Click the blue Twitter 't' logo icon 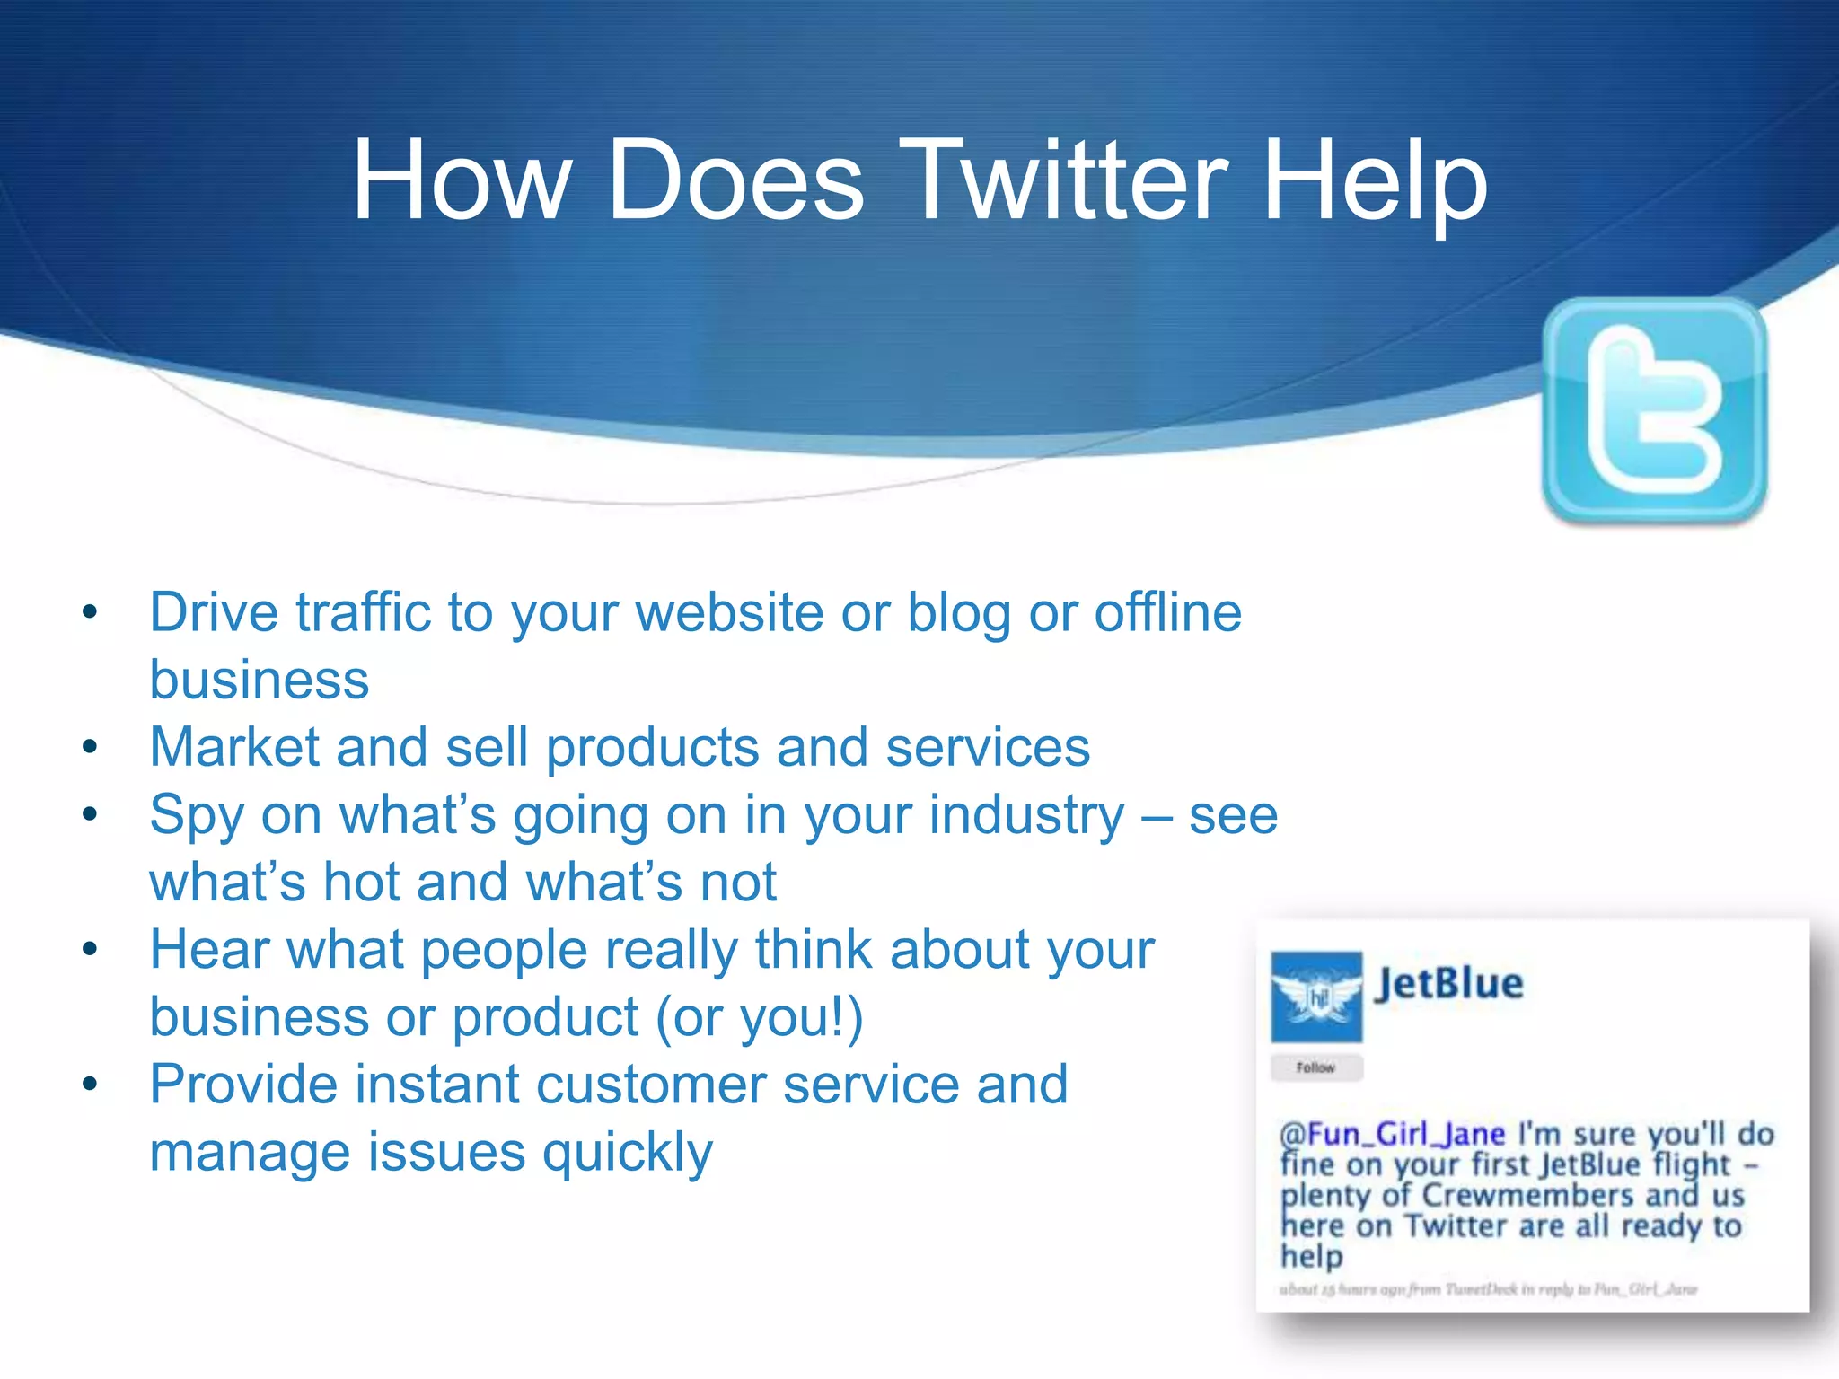pyautogui.click(x=1654, y=410)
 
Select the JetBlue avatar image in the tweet pyautogui.click(x=1316, y=997)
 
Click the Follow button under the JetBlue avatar pyautogui.click(x=1316, y=1067)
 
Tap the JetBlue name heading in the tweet pyautogui.click(x=1449, y=984)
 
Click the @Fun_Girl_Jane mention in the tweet pyautogui.click(x=1392, y=1134)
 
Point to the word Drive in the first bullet pyautogui.click(x=214, y=613)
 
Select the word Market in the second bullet pyautogui.click(x=234, y=747)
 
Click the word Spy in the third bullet pyautogui.click(x=197, y=815)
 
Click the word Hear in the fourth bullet pyautogui.click(x=209, y=950)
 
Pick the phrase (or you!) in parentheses pyautogui.click(x=759, y=1018)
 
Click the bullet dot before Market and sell pyautogui.click(x=89, y=747)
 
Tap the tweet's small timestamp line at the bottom pyautogui.click(x=1488, y=1289)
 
